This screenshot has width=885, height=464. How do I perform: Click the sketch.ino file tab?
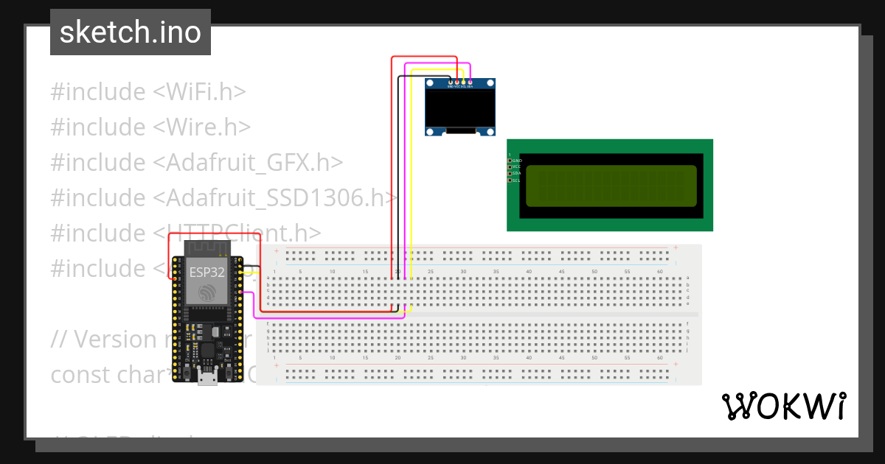point(130,32)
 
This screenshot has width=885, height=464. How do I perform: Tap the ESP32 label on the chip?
point(207,272)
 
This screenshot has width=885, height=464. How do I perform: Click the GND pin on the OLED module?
point(450,82)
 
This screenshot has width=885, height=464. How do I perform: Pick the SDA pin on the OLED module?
point(470,82)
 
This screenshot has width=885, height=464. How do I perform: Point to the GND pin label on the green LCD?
point(516,160)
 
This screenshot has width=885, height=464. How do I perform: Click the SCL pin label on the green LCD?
point(516,180)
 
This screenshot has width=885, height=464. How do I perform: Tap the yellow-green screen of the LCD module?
point(611,186)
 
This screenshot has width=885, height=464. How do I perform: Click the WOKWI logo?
point(783,406)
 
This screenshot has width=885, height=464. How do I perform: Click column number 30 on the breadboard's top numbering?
point(463,272)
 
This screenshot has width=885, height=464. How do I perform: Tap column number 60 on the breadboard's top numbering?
point(660,272)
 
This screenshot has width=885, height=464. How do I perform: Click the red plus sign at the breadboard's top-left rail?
point(276,251)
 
